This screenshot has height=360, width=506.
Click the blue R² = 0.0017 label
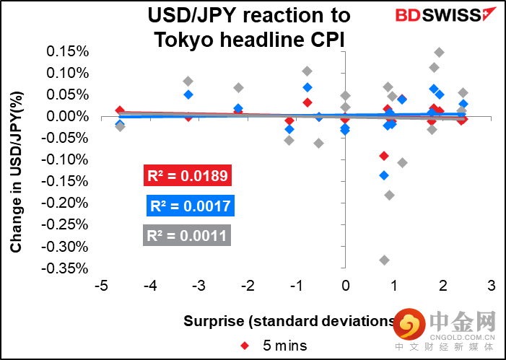pyautogui.click(x=191, y=206)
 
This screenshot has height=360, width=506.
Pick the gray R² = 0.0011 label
pyautogui.click(x=187, y=235)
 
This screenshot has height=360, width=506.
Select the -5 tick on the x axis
pyautogui.click(x=102, y=286)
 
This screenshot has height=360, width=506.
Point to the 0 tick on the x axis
pyautogui.click(x=345, y=286)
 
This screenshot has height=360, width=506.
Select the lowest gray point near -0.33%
pyautogui.click(x=384, y=260)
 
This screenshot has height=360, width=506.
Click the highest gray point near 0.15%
pyautogui.click(x=439, y=52)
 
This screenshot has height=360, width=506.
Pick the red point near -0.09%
pyautogui.click(x=384, y=156)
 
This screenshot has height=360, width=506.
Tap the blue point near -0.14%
pyautogui.click(x=384, y=175)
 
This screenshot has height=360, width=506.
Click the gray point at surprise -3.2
pyautogui.click(x=188, y=81)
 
